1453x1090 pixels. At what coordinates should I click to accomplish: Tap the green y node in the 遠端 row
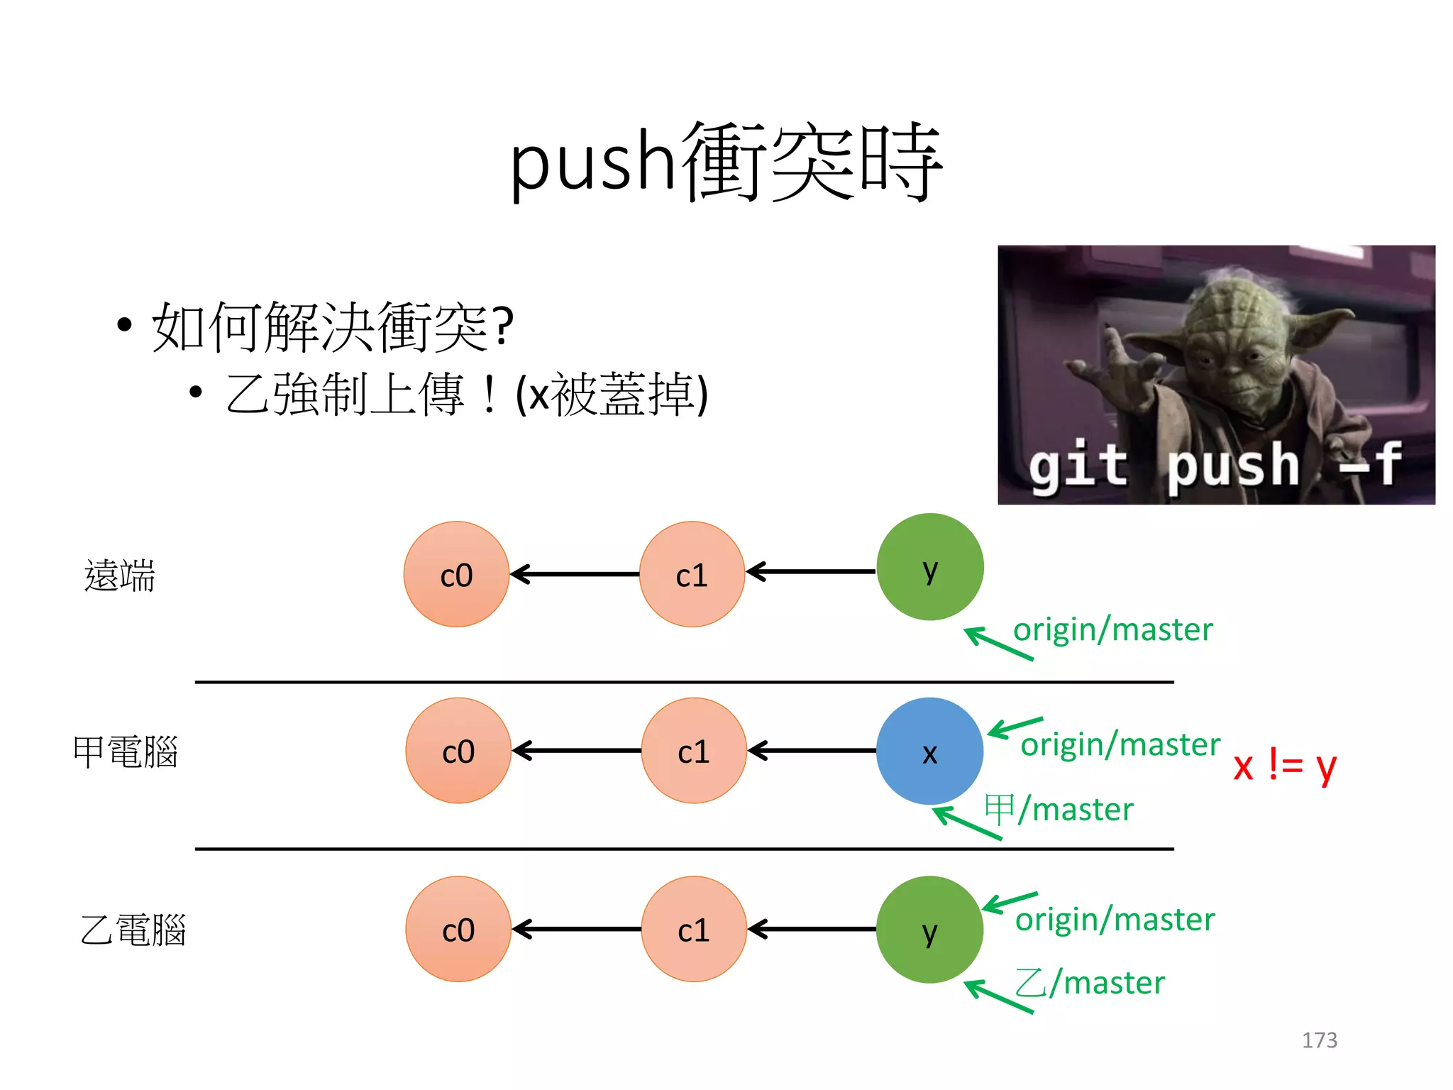[929, 567]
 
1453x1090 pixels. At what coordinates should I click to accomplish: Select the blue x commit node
[929, 751]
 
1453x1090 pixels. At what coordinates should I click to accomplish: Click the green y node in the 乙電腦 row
[929, 930]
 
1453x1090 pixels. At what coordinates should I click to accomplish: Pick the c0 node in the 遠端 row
[456, 574]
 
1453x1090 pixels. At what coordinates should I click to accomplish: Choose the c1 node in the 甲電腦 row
[693, 751]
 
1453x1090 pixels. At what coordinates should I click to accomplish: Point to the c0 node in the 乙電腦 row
[458, 930]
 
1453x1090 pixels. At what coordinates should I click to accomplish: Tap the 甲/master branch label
[1059, 810]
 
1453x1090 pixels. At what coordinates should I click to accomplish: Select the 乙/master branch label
[1090, 984]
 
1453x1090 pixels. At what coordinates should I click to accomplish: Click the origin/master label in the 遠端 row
[1112, 630]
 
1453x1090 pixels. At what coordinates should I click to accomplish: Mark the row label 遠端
[119, 575]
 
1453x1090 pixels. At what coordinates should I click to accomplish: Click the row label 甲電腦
[125, 752]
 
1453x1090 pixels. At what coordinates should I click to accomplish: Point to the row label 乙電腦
[133, 930]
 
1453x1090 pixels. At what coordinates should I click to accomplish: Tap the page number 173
[1319, 1040]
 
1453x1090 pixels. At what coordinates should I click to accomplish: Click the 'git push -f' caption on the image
[1215, 466]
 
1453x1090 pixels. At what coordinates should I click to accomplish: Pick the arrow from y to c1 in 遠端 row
[811, 571]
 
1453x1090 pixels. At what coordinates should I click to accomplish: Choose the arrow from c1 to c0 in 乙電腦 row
[576, 929]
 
